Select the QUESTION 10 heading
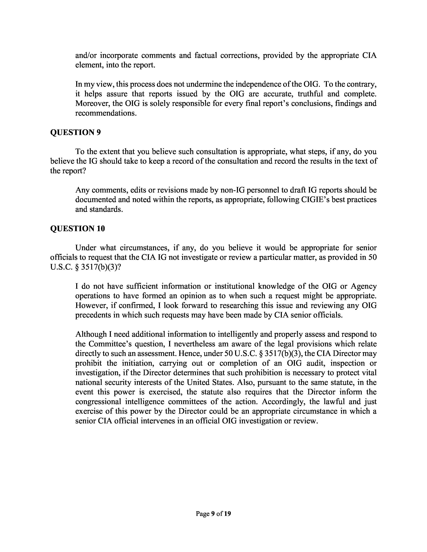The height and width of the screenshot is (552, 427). [x=77, y=228]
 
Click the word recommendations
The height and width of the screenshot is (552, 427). [x=106, y=113]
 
